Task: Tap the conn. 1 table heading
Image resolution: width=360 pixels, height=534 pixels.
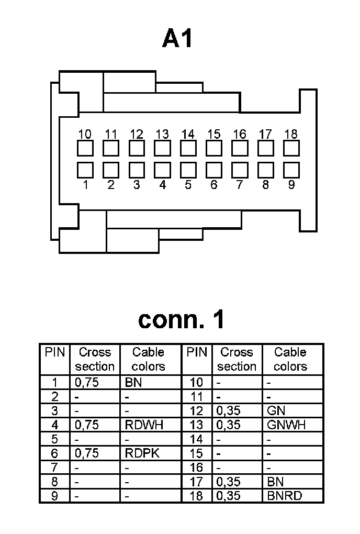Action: coord(181,319)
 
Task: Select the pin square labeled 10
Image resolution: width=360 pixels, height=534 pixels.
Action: coord(85,149)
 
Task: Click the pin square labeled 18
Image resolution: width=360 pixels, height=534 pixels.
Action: coord(291,149)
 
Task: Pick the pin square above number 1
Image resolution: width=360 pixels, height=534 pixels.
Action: coord(85,170)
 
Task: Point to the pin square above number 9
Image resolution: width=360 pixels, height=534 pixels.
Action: coord(291,170)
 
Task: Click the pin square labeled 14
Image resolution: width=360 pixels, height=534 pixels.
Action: coord(188,149)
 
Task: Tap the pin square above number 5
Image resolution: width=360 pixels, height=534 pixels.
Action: coord(188,170)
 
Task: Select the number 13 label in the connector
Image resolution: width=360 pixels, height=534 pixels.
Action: coord(162,135)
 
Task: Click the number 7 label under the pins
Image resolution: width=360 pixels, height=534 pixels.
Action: coord(240,185)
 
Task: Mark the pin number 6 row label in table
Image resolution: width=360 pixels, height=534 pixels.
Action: coord(54,453)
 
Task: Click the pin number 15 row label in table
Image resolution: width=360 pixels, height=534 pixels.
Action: coord(196,453)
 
